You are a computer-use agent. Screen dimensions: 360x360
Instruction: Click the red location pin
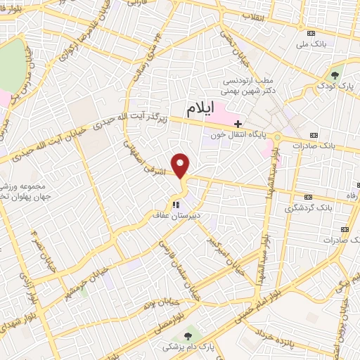click(x=181, y=167)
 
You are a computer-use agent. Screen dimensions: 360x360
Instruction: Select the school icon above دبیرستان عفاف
click(x=175, y=205)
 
